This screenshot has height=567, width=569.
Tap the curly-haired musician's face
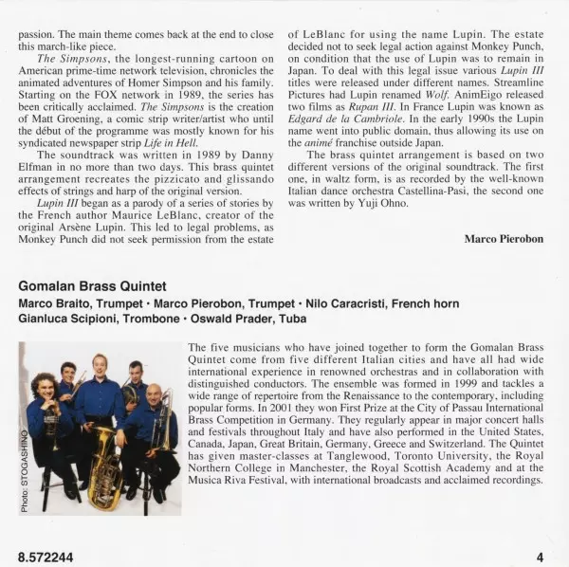[44, 386]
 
